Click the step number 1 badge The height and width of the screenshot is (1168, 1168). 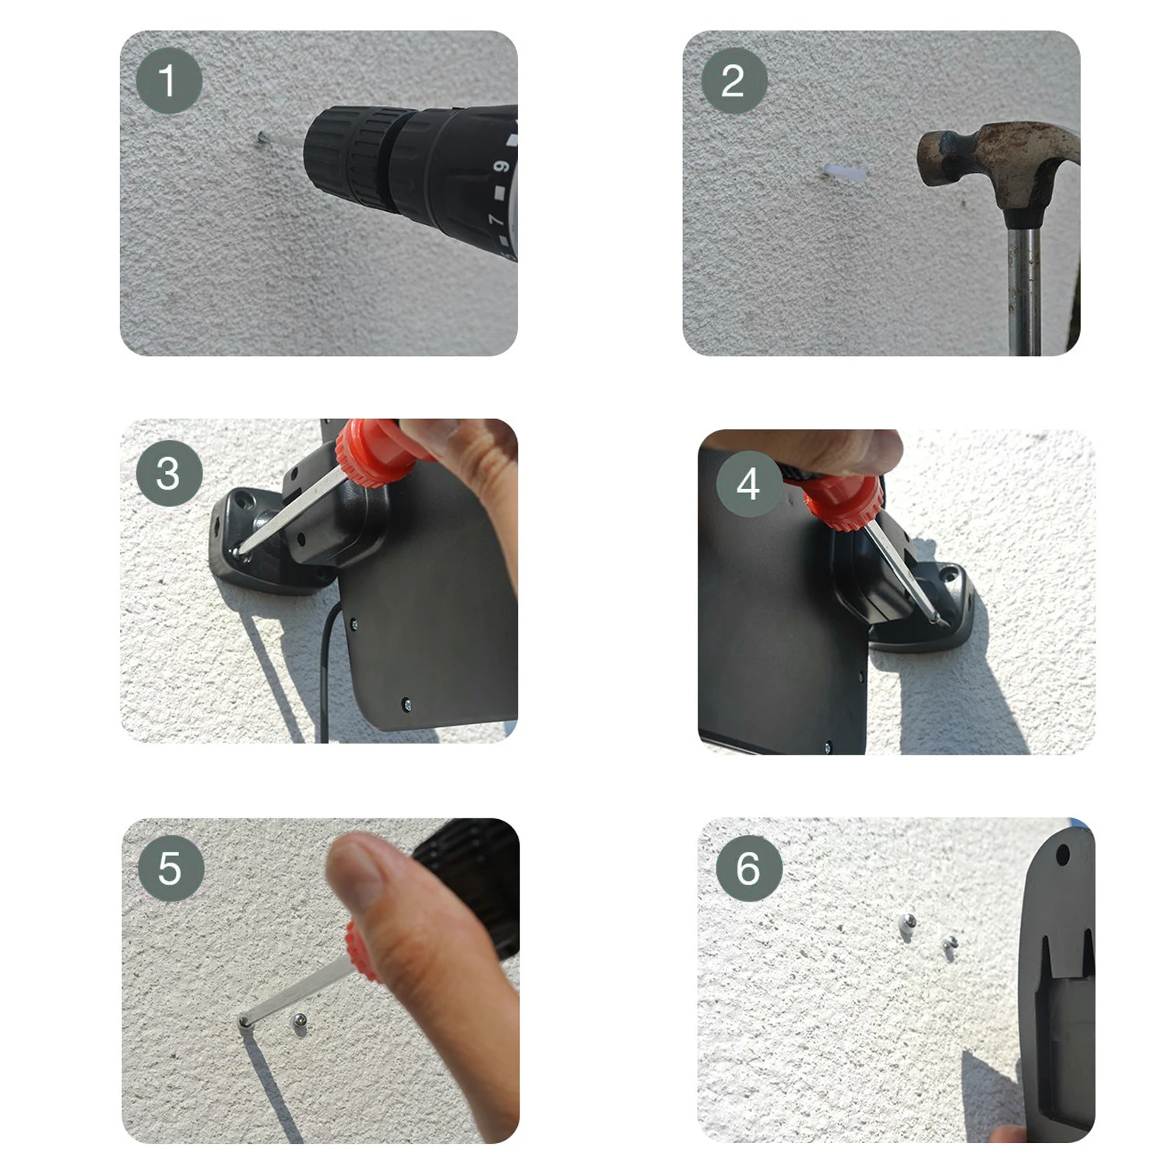(x=169, y=81)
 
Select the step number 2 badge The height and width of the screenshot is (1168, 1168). (x=734, y=81)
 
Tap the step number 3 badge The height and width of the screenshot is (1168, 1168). (x=169, y=473)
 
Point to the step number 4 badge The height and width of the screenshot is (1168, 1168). (x=748, y=484)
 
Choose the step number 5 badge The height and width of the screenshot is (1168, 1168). (x=171, y=868)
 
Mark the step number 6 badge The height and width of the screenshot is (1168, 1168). (x=748, y=868)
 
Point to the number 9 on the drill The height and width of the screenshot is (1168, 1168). (x=501, y=167)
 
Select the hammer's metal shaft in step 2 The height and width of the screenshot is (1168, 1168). (x=1024, y=288)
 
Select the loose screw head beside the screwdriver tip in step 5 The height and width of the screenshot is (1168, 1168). (x=297, y=1022)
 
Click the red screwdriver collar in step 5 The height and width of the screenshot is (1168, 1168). (x=362, y=952)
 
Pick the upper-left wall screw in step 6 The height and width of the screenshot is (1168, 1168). (x=908, y=923)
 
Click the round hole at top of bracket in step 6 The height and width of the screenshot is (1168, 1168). (x=1062, y=857)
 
